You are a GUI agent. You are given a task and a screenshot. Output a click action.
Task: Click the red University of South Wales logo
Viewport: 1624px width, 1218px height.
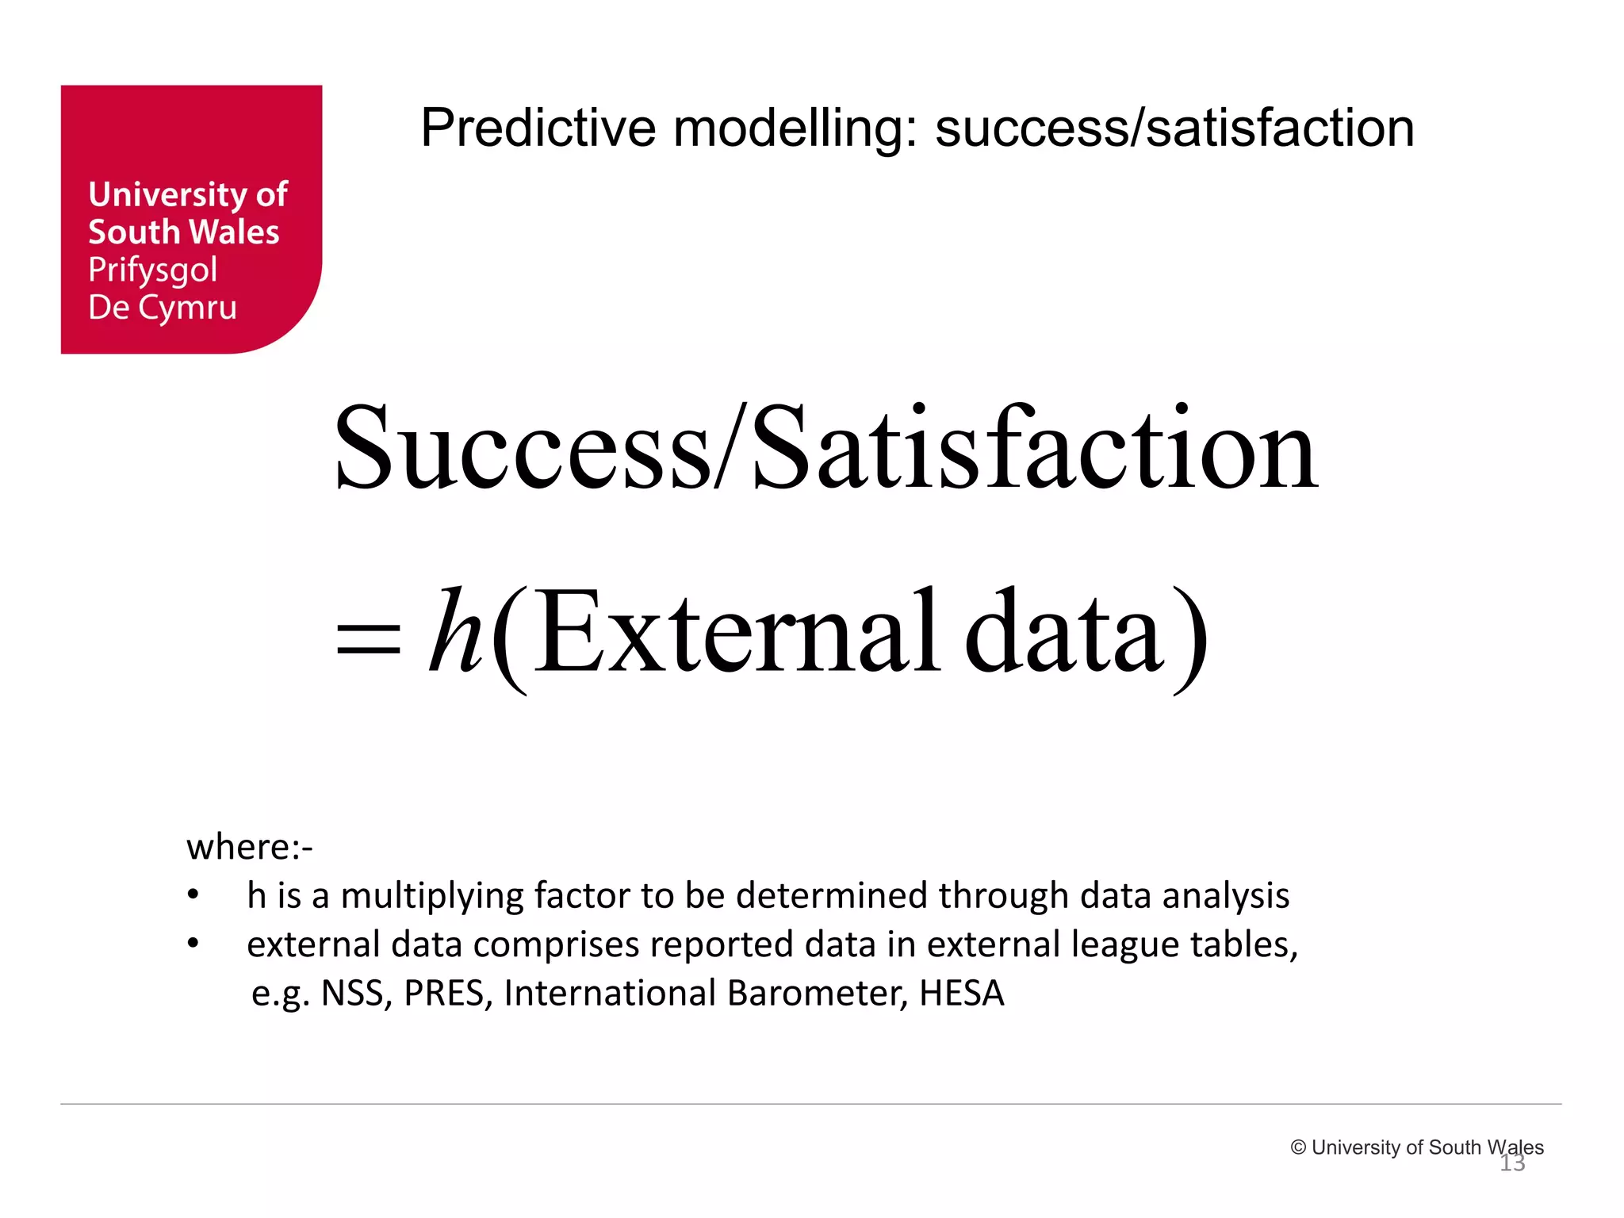tap(191, 219)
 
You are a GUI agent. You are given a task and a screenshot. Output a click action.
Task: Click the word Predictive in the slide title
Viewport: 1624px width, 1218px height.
tap(538, 128)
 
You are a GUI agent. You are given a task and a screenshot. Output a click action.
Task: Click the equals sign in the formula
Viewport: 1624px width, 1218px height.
tap(369, 639)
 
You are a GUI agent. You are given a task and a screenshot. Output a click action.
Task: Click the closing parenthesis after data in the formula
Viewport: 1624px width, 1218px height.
tap(1190, 639)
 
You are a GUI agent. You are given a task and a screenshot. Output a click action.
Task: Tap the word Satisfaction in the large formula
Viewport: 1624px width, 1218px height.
tap(1035, 449)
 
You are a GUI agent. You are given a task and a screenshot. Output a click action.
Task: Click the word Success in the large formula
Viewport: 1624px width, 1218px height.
tap(523, 449)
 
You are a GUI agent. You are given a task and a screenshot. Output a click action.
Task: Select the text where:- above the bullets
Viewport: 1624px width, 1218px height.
tap(250, 847)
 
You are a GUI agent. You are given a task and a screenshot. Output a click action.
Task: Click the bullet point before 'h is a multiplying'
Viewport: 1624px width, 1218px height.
tap(193, 896)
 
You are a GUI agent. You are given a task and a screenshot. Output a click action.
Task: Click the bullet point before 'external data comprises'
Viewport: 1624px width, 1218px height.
tap(193, 944)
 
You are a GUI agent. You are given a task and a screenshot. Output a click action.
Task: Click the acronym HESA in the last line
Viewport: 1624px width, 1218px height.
tap(961, 994)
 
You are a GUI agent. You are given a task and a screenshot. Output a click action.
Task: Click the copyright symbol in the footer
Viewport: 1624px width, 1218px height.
tap(1298, 1147)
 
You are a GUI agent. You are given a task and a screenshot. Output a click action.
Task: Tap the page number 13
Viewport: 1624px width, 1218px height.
tap(1512, 1163)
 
